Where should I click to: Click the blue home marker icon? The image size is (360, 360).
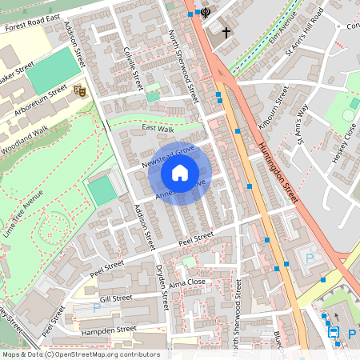tap(180, 172)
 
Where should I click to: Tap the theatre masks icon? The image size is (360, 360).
tap(79, 91)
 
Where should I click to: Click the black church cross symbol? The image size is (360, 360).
tap(226, 33)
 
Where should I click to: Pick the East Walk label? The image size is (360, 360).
tap(158, 127)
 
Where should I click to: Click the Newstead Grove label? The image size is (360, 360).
tap(169, 154)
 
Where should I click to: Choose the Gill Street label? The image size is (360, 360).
tap(116, 298)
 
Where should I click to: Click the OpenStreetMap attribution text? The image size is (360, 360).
tap(80, 354)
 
